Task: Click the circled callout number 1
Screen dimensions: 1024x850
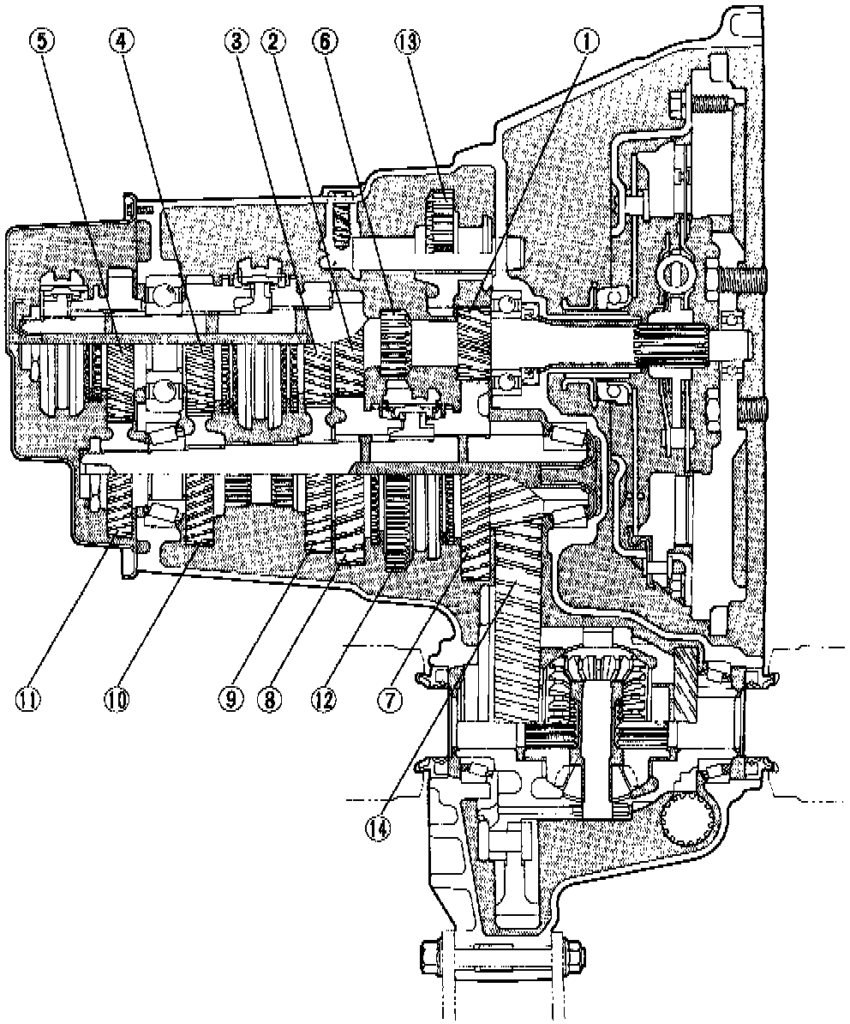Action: click(587, 40)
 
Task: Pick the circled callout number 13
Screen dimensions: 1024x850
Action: click(407, 40)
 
